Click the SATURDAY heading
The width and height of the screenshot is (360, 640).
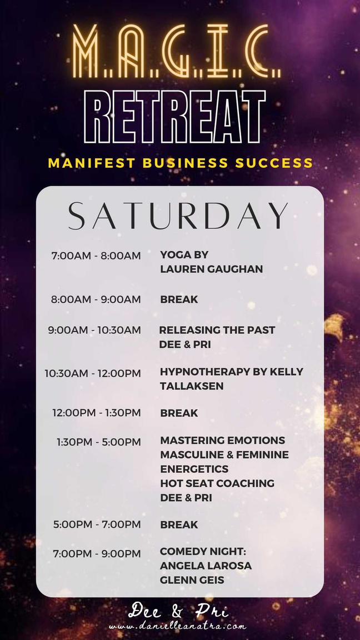pos(178,216)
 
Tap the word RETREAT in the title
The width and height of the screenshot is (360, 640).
pos(175,117)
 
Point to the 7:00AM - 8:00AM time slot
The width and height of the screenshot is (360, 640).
pos(96,256)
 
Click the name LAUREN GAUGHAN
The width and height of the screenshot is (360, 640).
pos(212,269)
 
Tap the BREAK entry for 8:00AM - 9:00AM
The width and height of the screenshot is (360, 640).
pos(179,299)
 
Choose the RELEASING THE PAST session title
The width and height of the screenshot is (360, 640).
pos(217,330)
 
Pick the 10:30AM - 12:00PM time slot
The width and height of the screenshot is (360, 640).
pos(93,373)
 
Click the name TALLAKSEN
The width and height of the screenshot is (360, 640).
pos(192,386)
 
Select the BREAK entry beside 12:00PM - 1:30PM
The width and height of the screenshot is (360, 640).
pos(179,413)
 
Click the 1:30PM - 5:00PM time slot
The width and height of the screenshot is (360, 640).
pos(98,442)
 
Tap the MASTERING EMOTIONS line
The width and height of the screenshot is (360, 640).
pos(222,441)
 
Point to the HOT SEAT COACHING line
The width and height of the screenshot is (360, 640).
pos(217,483)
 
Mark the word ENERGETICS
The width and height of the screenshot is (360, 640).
pos(194,468)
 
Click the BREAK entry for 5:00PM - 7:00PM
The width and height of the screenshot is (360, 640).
pos(179,524)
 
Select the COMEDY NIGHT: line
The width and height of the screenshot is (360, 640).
pos(203,552)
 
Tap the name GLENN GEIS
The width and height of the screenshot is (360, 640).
pos(192,580)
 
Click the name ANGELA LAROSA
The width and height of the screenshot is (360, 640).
pos(206,566)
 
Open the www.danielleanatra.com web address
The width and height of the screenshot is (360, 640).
pos(178,626)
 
